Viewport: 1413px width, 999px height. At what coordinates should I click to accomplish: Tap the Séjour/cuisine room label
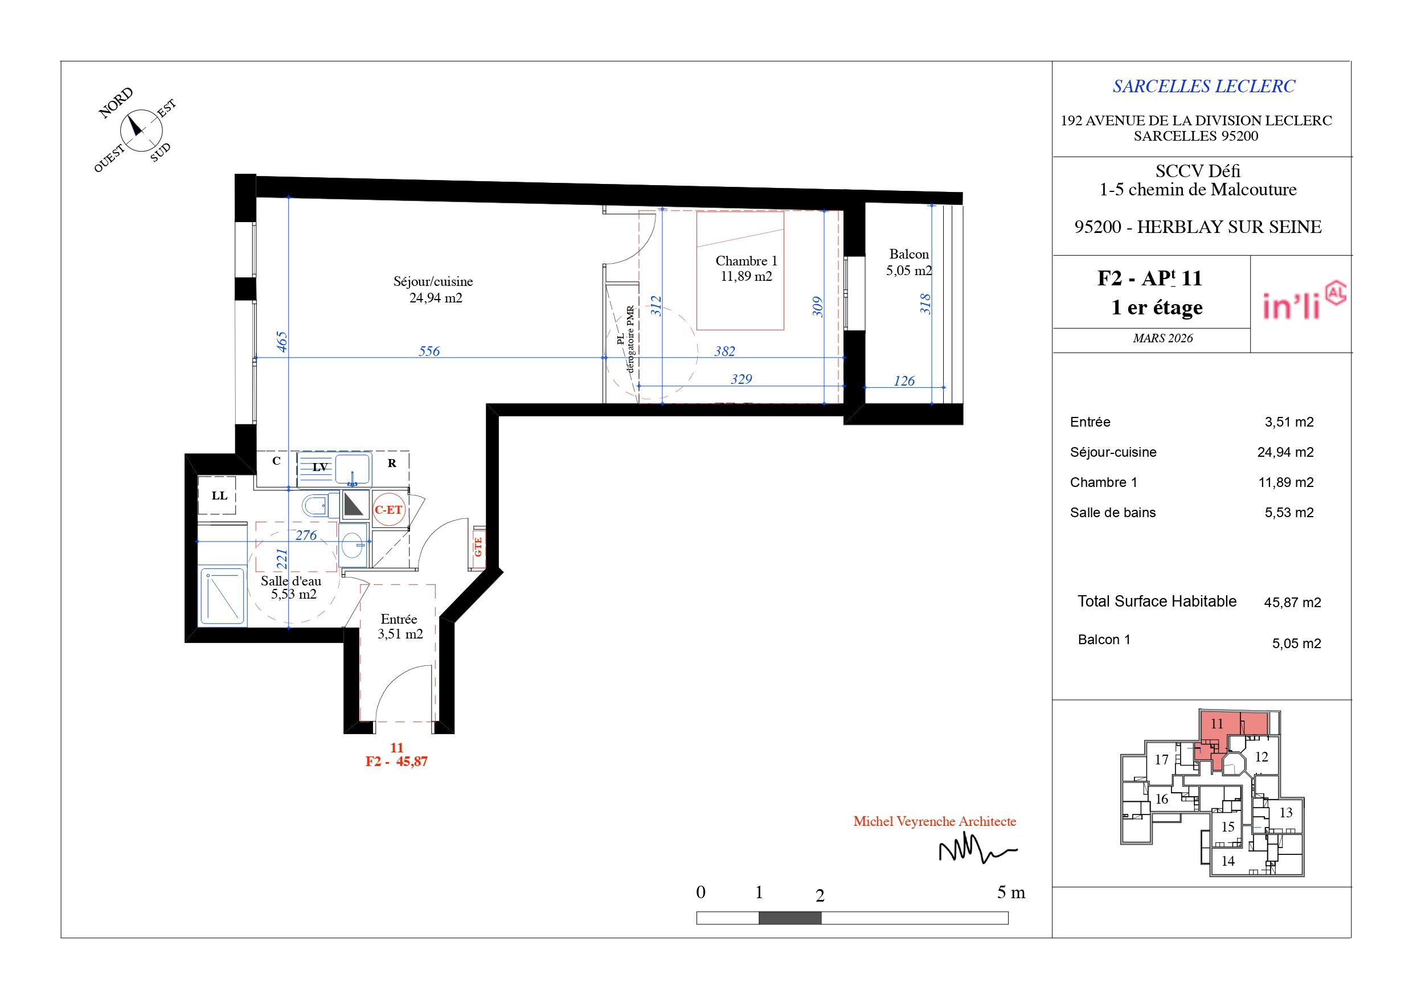pos(434,290)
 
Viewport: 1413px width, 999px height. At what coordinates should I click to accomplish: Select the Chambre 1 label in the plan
pos(746,269)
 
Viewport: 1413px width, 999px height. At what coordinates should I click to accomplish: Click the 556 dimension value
pos(429,351)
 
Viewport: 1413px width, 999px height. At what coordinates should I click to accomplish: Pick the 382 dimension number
pos(724,351)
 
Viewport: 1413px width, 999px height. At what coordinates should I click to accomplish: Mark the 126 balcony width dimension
pos(904,381)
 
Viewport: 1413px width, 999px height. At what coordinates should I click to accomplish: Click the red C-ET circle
pos(389,510)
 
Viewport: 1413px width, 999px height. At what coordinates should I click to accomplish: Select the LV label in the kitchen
pos(320,467)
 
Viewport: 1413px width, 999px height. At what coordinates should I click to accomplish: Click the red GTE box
pos(478,547)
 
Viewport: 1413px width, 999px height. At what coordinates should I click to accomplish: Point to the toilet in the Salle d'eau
pos(320,506)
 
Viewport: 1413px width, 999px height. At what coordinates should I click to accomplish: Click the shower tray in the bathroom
pos(222,596)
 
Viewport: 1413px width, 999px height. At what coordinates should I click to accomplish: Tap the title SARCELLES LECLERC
pos(1204,87)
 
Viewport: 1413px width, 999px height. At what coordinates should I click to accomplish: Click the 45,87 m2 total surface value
pos(1292,603)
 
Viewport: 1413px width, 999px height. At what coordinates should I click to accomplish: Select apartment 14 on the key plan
pos(1228,861)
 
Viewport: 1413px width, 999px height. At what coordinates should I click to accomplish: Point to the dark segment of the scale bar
pos(789,918)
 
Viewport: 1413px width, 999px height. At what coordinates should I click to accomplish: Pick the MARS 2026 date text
pos(1162,338)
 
